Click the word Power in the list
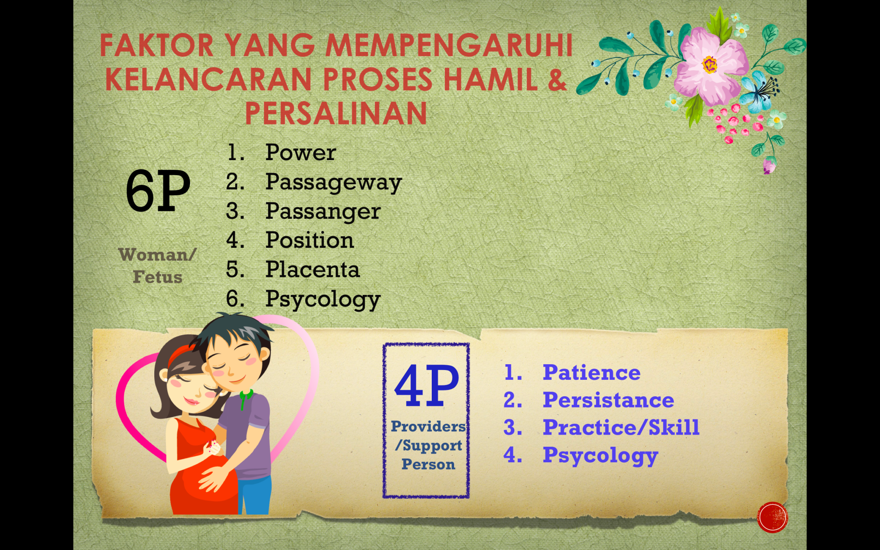[x=300, y=153]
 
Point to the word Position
[x=310, y=240]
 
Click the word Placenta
[x=312, y=269]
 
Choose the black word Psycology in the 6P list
[x=323, y=300]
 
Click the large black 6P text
[x=158, y=191]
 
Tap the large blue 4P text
[x=427, y=386]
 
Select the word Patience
[x=591, y=372]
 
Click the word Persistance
[x=608, y=400]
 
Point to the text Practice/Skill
[x=621, y=427]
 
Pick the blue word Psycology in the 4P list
[x=600, y=456]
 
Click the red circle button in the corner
[x=772, y=517]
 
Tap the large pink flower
[x=710, y=65]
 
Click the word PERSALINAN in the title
[x=336, y=113]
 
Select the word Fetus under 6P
[x=158, y=277]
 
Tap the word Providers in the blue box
[x=428, y=426]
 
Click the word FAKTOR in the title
[x=157, y=46]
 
